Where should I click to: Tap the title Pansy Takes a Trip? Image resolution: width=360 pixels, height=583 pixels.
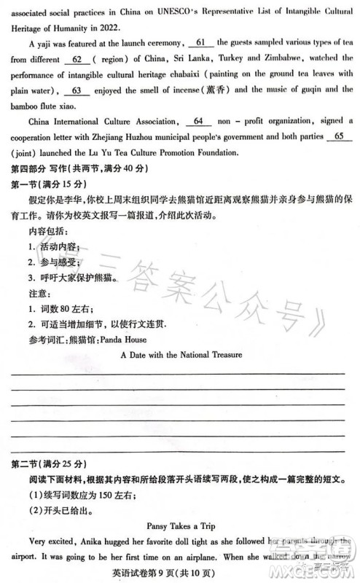[180, 525]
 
